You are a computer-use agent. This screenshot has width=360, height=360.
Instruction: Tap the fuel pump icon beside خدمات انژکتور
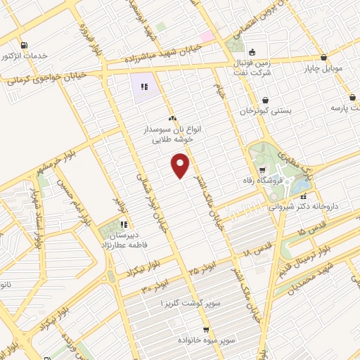pos(25,46)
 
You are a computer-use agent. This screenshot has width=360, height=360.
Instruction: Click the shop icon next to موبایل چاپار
pos(323,58)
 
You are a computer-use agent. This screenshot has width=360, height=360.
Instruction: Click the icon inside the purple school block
pos(143,88)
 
